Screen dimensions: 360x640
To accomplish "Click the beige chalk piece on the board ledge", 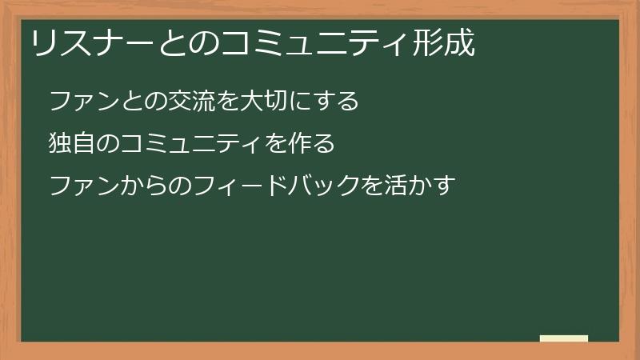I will coord(564,338).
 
